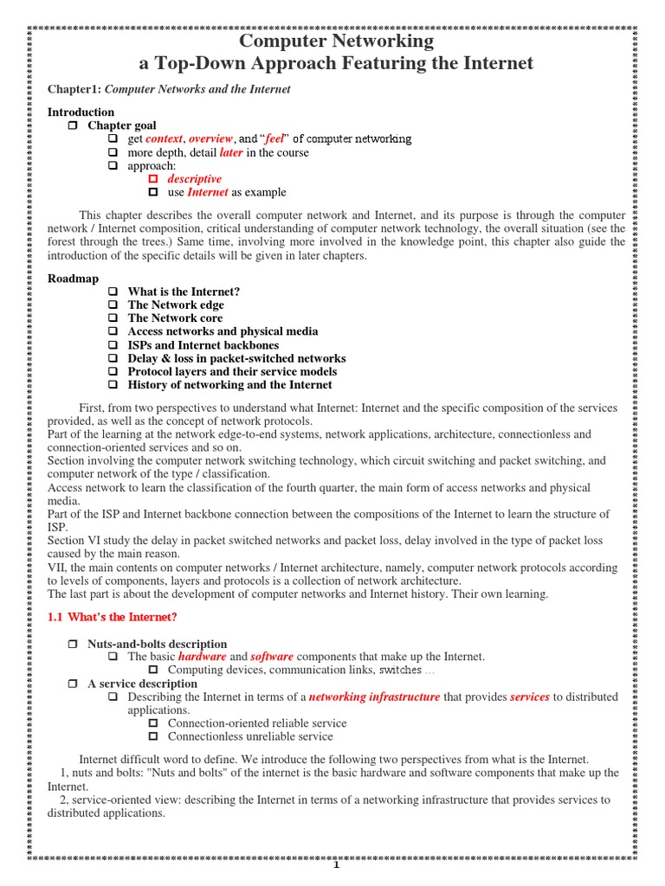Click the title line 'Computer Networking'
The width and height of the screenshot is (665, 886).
click(336, 41)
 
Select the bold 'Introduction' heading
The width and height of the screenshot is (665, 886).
click(81, 112)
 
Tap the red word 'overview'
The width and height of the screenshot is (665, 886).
click(210, 138)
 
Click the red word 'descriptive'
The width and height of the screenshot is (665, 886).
click(194, 179)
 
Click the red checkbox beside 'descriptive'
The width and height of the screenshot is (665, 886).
click(153, 179)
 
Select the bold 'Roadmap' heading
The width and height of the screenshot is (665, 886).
click(73, 279)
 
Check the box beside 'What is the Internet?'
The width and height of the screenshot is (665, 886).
click(113, 292)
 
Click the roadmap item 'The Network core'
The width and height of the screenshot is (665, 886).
click(175, 318)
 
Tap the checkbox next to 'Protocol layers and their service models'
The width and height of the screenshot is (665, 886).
click(113, 371)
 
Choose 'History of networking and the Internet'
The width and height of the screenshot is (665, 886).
click(229, 385)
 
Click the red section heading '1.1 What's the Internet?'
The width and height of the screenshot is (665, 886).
click(113, 617)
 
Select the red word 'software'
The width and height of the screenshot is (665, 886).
click(272, 658)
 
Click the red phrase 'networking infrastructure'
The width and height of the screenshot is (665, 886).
click(374, 697)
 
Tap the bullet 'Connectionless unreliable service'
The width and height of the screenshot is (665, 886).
click(250, 736)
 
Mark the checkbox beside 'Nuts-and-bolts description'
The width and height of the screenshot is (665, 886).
click(74, 645)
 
